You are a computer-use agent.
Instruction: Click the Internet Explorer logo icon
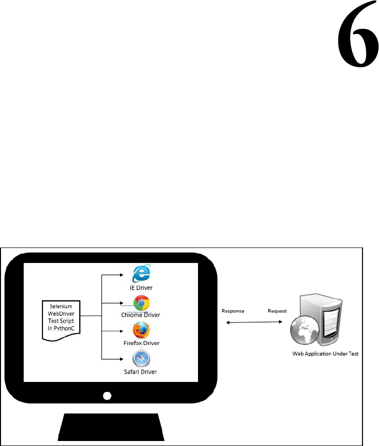pos(141,275)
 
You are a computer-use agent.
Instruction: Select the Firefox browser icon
pos(141,331)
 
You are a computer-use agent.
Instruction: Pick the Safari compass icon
pos(141,359)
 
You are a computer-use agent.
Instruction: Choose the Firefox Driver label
pos(141,344)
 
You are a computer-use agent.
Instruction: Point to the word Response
pos(232,310)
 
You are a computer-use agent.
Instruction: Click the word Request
pos(277,310)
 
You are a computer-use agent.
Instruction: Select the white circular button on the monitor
pos(106,395)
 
